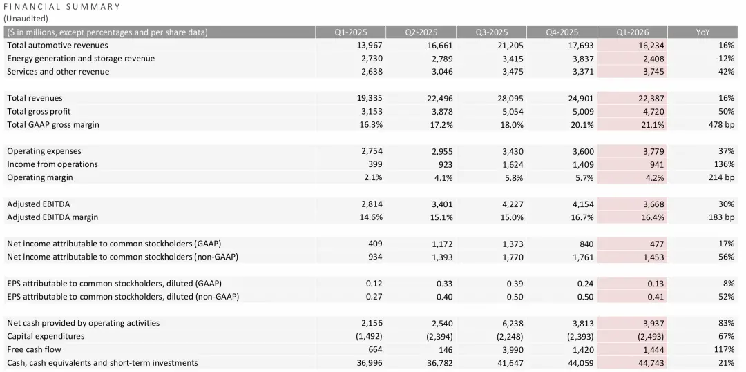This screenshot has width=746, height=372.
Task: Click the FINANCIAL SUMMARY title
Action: point(62,7)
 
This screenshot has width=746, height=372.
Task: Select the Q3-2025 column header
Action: point(491,32)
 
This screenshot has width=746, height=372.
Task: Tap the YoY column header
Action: point(703,32)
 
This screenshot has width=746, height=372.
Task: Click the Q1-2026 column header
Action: point(632,32)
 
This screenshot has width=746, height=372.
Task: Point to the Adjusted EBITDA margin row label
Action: point(52,217)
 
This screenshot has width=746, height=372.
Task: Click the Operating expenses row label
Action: point(44,151)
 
